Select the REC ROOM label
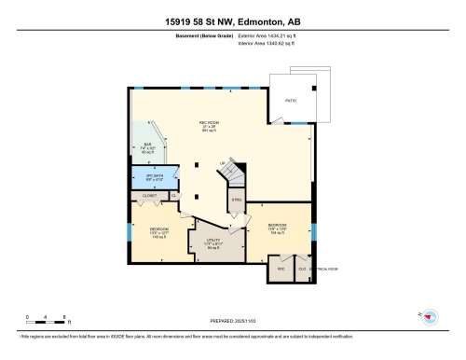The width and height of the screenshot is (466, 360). (x=208, y=122)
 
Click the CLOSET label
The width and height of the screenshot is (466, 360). (x=148, y=197)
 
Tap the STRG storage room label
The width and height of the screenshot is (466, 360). (x=237, y=200)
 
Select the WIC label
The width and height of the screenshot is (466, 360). (x=279, y=270)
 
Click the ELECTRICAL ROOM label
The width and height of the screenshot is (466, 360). (x=323, y=270)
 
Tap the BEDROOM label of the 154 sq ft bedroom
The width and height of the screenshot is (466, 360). (x=278, y=225)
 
